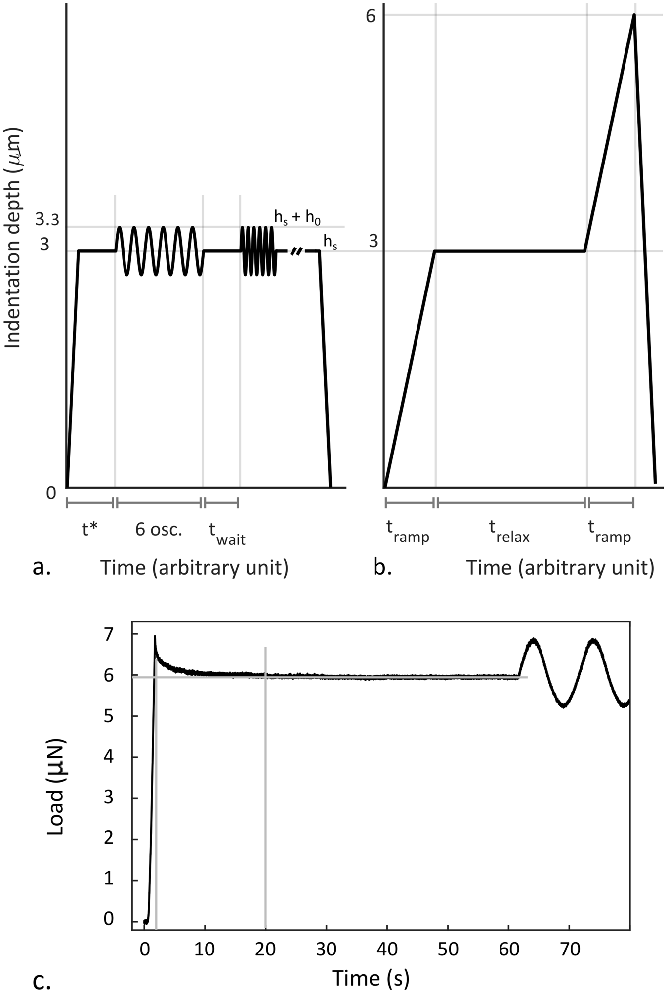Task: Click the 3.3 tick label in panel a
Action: click(x=47, y=220)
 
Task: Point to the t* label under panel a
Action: click(x=89, y=530)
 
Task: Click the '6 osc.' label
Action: click(x=159, y=530)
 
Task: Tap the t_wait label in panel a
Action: click(x=227, y=533)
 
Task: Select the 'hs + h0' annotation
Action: click(x=297, y=217)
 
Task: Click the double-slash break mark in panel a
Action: click(x=296, y=251)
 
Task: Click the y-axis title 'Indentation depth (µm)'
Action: click(x=13, y=239)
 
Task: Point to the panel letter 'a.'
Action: click(x=42, y=568)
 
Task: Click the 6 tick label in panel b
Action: click(x=371, y=16)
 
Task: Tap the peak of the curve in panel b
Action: click(x=633, y=15)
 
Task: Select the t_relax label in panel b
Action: click(x=509, y=532)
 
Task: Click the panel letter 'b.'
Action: click(x=382, y=568)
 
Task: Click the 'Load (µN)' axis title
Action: click(x=56, y=787)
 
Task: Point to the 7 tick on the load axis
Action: click(x=108, y=634)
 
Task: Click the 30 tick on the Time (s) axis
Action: click(x=326, y=949)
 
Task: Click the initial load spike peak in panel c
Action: click(x=155, y=637)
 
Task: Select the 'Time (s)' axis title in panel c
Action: click(x=371, y=978)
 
